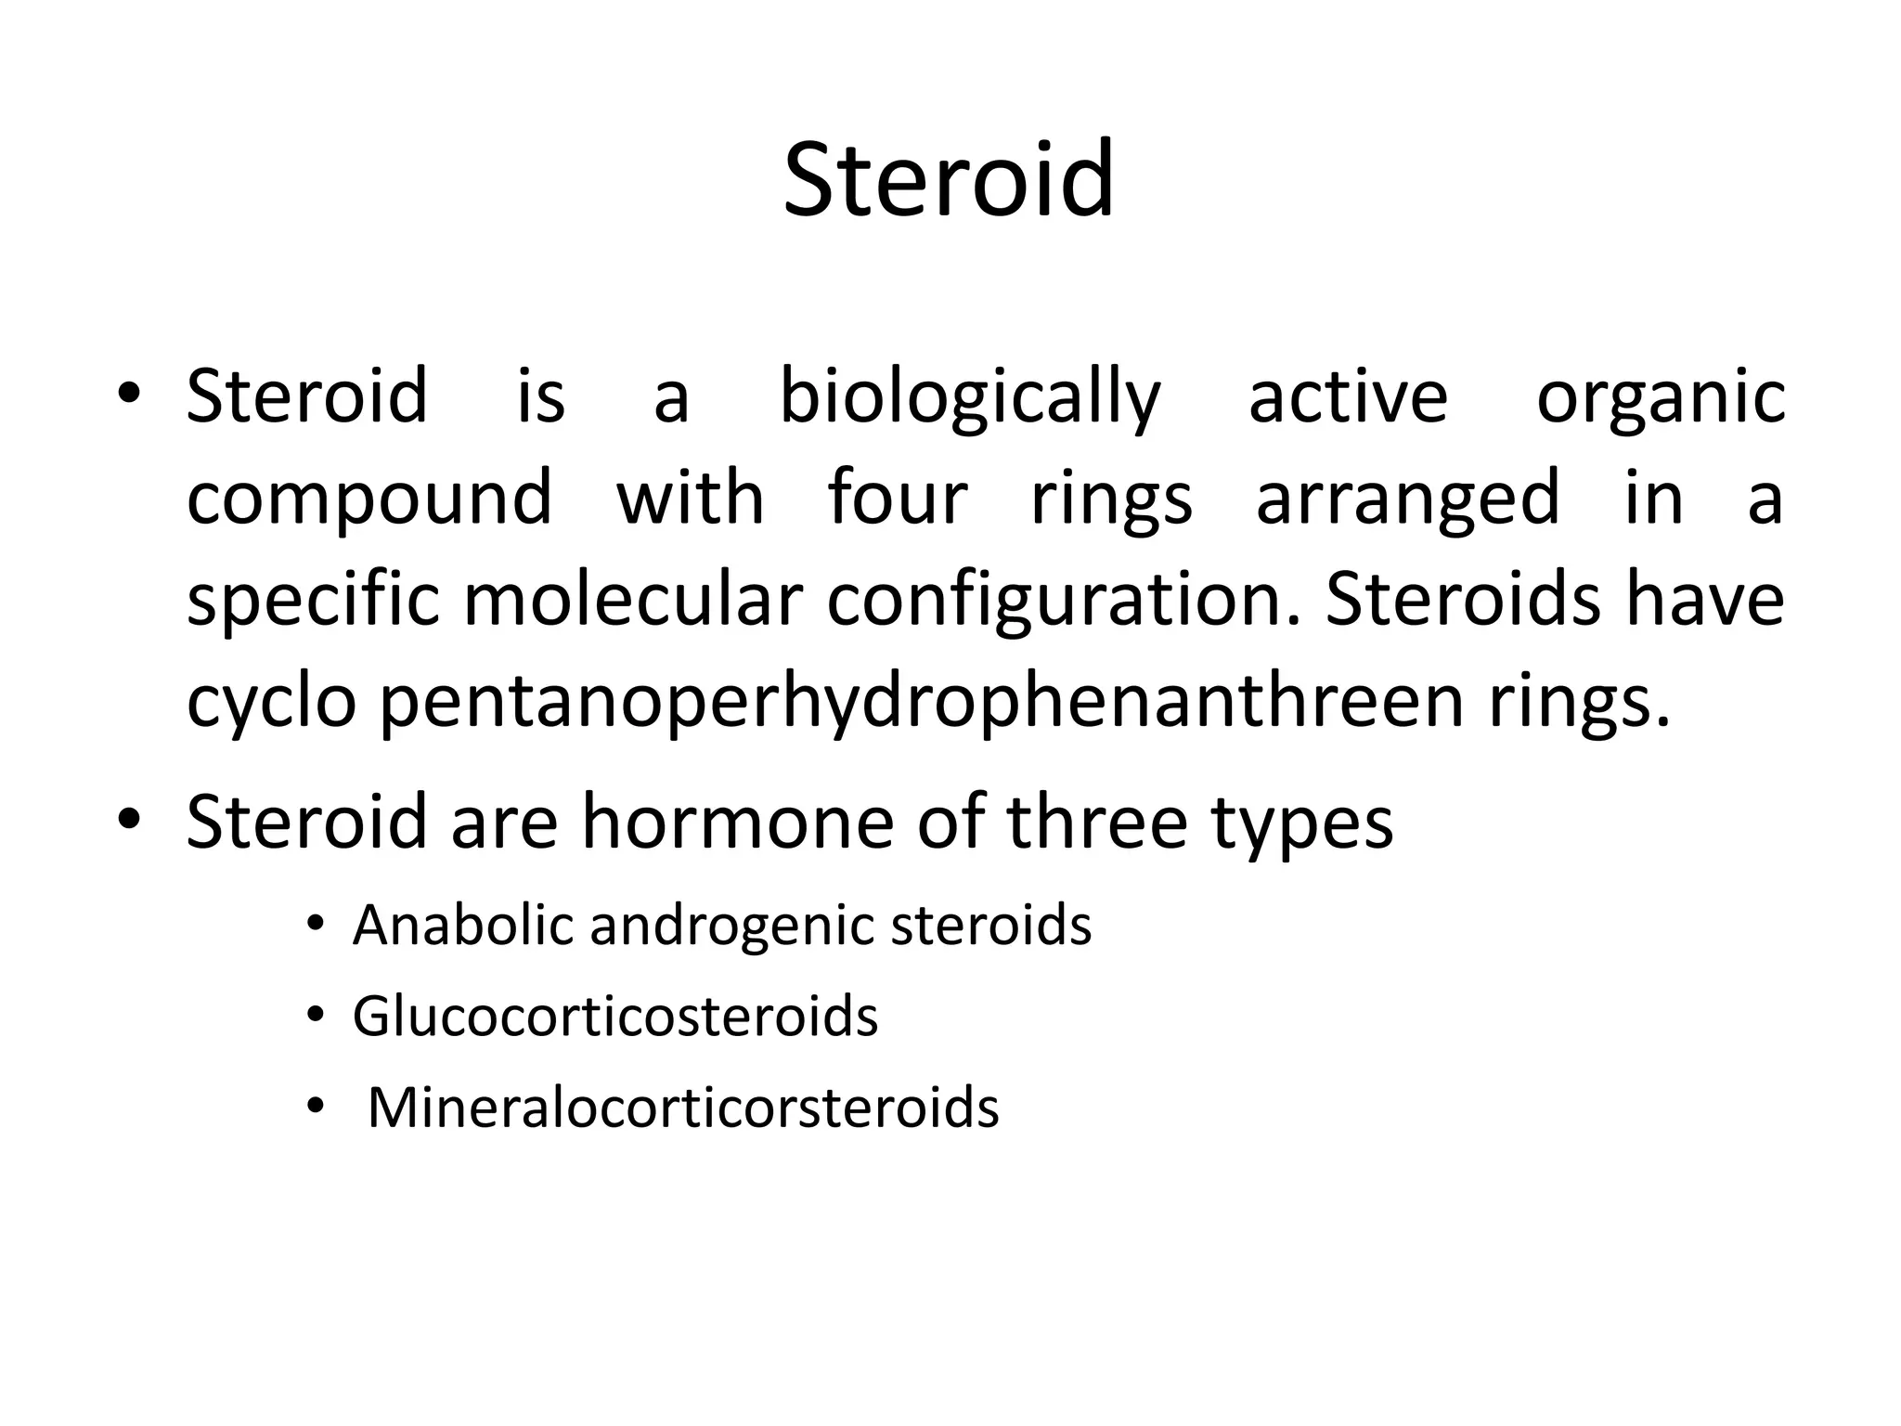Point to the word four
pyautogui.click(x=898, y=497)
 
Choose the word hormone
pyautogui.click(x=737, y=821)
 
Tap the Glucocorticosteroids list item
pyautogui.click(x=614, y=1016)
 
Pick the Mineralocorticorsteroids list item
pyautogui.click(x=683, y=1107)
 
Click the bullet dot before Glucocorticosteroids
pyautogui.click(x=316, y=1016)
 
